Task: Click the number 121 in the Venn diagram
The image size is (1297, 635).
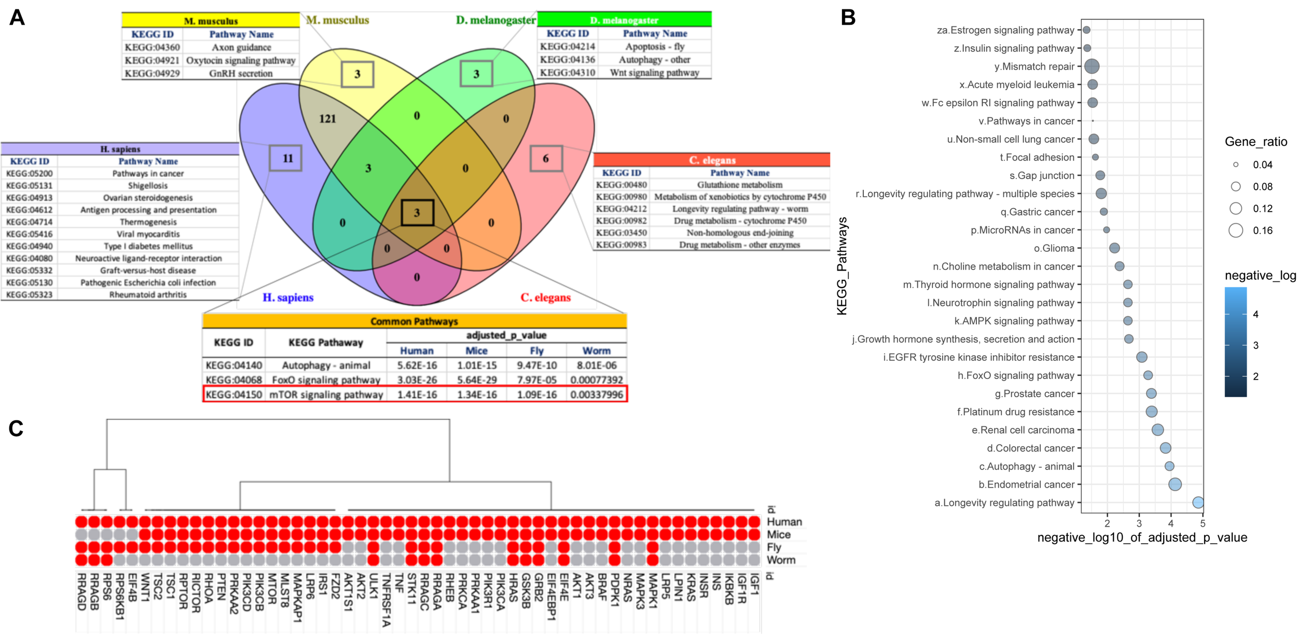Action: [327, 119]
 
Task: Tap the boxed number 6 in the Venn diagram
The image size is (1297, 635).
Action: [546, 159]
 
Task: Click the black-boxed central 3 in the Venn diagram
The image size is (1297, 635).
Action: [417, 213]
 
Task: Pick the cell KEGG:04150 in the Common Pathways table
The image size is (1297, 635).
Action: [233, 395]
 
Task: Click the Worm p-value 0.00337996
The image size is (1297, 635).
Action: [596, 395]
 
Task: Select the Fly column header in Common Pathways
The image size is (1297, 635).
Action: [536, 350]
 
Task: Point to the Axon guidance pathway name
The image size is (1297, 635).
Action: [241, 47]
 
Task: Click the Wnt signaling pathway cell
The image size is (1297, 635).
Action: [654, 73]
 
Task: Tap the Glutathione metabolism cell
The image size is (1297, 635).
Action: [739, 185]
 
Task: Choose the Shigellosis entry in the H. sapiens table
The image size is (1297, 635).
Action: [148, 185]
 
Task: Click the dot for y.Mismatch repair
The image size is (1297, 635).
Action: [1092, 66]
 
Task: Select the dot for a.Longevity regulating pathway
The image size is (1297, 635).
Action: [1198, 502]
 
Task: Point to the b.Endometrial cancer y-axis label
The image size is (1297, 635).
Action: [1026, 484]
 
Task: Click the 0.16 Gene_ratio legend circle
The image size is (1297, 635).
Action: [1236, 231]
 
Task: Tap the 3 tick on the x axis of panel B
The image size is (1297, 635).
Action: [1139, 523]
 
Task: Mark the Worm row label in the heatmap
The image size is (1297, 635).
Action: [780, 560]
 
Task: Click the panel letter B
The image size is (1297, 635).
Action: [848, 18]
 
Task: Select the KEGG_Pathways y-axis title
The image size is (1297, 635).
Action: [841, 266]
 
